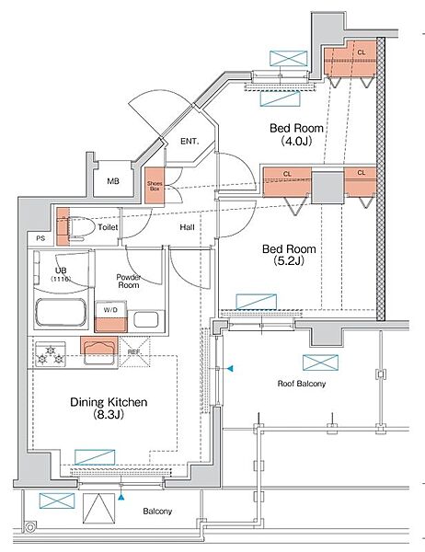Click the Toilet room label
pyautogui.click(x=108, y=227)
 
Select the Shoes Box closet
pyautogui.click(x=155, y=186)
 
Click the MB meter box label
pyautogui.click(x=113, y=181)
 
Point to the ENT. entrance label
pyautogui.click(x=190, y=142)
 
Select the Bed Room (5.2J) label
pyautogui.click(x=289, y=255)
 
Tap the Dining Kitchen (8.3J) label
pyautogui.click(x=109, y=408)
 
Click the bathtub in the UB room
pyautogui.click(x=61, y=313)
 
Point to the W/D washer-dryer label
pyautogui.click(x=110, y=310)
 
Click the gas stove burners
pyautogui.click(x=51, y=355)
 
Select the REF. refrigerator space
pyautogui.click(x=134, y=352)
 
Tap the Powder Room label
pyautogui.click(x=129, y=282)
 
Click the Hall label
pyautogui.click(x=187, y=227)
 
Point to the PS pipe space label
pyautogui.click(x=40, y=238)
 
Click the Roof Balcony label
pyautogui.click(x=302, y=384)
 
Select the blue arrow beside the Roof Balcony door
pyautogui.click(x=230, y=369)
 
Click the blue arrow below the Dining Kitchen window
pyautogui.click(x=121, y=497)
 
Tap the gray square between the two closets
pyautogui.click(x=327, y=188)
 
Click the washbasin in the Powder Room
pyautogui.click(x=146, y=319)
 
